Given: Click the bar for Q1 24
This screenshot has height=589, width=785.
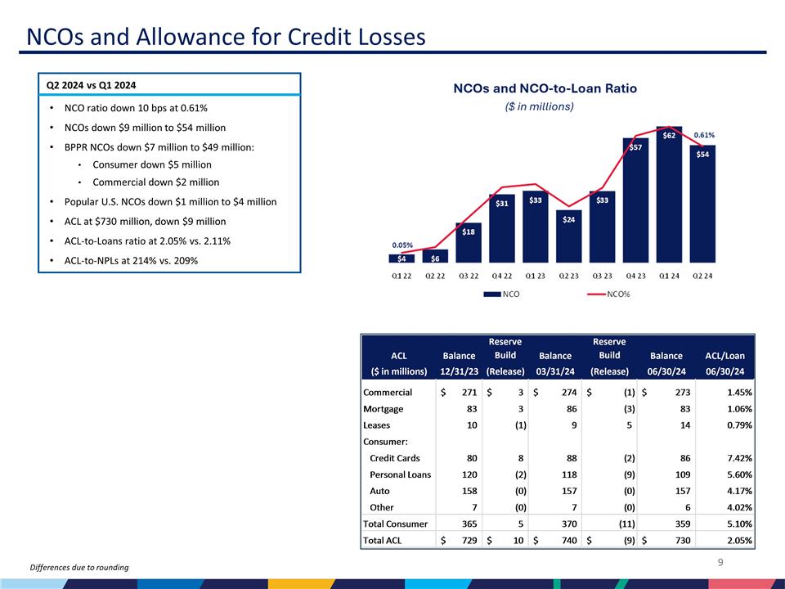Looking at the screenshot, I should (668, 196).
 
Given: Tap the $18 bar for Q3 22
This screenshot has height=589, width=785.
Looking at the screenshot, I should (468, 242).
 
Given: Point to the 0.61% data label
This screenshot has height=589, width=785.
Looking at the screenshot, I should (704, 135).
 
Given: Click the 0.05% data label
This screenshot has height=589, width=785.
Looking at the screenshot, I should (401, 245).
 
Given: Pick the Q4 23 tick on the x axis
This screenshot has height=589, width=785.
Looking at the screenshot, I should (635, 275).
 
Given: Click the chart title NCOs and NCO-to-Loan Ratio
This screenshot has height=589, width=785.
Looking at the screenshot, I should (545, 88).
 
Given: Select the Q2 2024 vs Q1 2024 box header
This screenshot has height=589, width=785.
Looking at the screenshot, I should (91, 85).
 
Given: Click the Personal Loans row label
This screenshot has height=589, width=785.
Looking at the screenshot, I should (400, 475).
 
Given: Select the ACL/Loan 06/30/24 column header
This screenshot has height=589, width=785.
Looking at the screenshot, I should (724, 363).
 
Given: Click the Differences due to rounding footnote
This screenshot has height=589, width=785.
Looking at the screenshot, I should (78, 568).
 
